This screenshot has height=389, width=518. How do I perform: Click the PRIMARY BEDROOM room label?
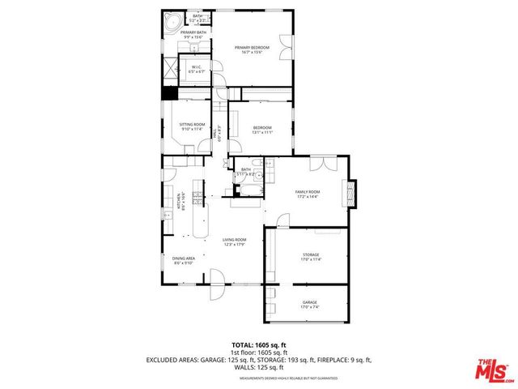tap(251, 50)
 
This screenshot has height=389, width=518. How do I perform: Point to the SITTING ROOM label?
tap(192, 126)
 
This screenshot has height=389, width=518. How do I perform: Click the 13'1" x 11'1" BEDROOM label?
tap(261, 129)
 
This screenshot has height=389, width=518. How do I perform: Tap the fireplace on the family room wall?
tap(350, 193)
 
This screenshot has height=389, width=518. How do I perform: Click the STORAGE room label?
tap(311, 258)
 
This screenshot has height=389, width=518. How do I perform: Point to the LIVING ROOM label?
tap(235, 242)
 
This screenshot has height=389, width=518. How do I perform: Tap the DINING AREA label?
tap(184, 260)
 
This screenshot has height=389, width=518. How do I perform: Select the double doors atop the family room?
tap(325, 163)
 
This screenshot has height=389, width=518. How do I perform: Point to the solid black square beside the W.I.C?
tap(169, 92)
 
